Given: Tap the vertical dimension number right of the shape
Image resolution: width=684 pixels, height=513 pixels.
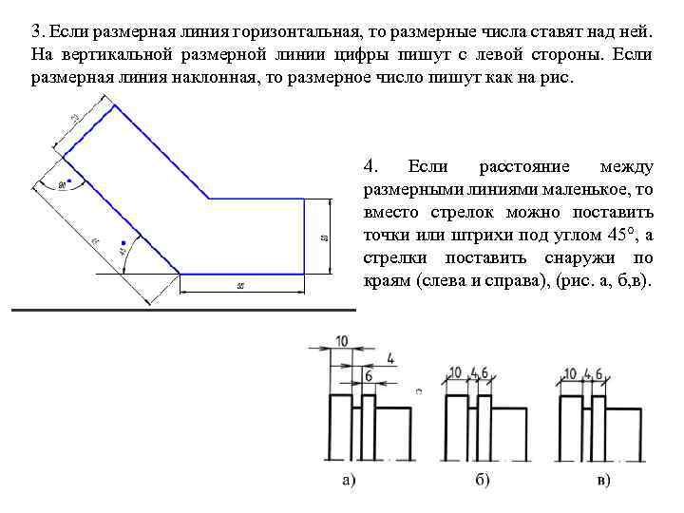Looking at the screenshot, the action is [x=323, y=237].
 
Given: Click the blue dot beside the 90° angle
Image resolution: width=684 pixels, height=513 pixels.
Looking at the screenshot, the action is [x=70, y=180].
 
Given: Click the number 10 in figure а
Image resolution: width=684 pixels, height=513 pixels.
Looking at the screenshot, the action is [x=342, y=341].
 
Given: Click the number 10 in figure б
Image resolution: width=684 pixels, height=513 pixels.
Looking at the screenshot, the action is [x=455, y=373].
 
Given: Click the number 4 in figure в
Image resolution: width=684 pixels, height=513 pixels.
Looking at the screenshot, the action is [x=589, y=373].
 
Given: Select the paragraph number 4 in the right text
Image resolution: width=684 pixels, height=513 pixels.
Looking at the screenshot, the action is [x=370, y=166].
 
